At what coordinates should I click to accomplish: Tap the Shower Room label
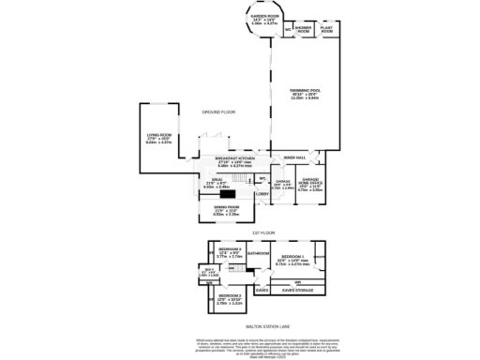(x=305, y=29)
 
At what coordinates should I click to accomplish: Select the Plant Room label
(x=327, y=29)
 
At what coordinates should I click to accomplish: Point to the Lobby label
(x=262, y=195)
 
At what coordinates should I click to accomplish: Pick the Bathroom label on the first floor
(x=258, y=254)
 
